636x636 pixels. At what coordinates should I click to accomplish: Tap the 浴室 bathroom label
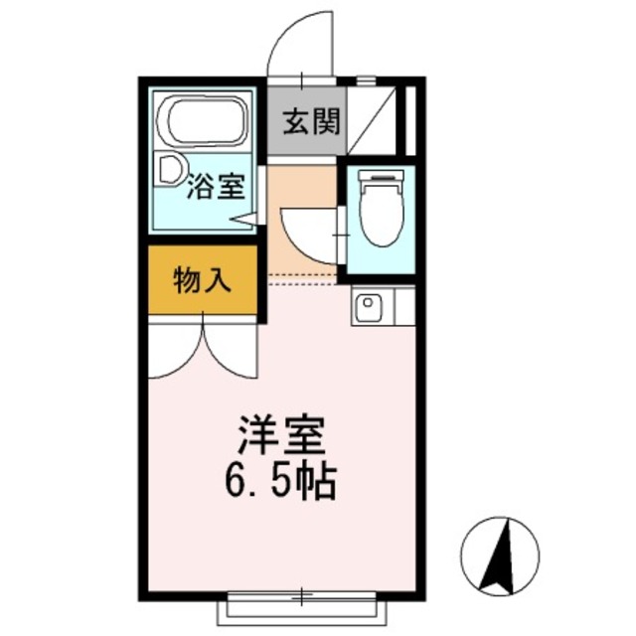point(211,186)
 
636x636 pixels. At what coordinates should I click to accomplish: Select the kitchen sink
point(367,306)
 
